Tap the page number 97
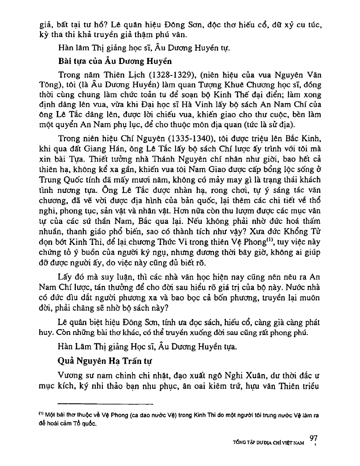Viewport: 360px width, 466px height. (314, 438)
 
